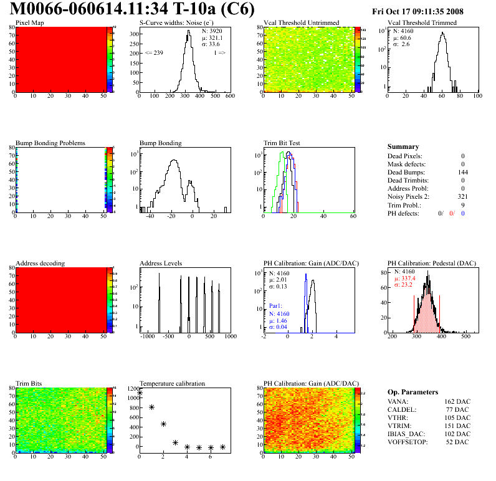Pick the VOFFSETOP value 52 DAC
point(459,442)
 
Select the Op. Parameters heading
point(413,392)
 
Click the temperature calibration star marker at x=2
point(163,424)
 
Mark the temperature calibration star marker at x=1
point(151,407)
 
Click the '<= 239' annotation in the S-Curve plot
point(154,53)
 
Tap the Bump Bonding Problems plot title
point(50,143)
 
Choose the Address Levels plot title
point(161,263)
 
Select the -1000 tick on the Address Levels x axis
point(147,336)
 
